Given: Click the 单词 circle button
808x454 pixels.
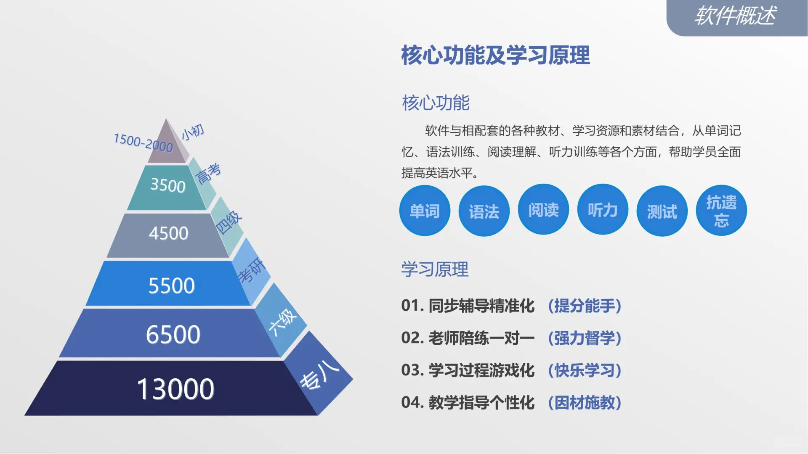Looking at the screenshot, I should tap(425, 211).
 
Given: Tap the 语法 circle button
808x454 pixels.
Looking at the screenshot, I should tap(484, 211).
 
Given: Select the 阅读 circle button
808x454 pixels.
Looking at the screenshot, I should tap(543, 209).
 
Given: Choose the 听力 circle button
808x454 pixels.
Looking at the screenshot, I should tap(603, 209).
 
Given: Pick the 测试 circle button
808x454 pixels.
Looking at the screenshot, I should tap(662, 211).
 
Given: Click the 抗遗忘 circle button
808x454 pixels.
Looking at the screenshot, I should tap(721, 211).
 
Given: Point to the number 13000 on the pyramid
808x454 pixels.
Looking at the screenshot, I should tap(175, 389).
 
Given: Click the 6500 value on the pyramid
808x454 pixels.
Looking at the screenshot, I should tap(173, 335).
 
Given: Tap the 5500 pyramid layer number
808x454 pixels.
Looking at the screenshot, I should tap(171, 286).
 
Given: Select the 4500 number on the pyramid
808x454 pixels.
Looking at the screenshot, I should tap(168, 233).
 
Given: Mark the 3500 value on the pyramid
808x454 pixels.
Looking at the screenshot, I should tap(167, 185).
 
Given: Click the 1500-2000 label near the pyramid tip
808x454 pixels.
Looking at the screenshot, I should tap(143, 143).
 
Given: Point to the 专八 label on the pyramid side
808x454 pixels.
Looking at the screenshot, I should tap(319, 375).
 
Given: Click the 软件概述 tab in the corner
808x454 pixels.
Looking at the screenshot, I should tap(735, 16).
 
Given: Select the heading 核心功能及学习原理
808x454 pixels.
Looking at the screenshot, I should tap(495, 55).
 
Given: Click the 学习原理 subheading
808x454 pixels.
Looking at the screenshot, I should tap(435, 269).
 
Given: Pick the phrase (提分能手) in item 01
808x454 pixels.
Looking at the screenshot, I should tap(585, 306).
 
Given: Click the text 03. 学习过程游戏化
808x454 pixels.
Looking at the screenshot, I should tap(468, 370).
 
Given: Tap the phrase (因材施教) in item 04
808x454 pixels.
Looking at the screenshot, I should tap(585, 403).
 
